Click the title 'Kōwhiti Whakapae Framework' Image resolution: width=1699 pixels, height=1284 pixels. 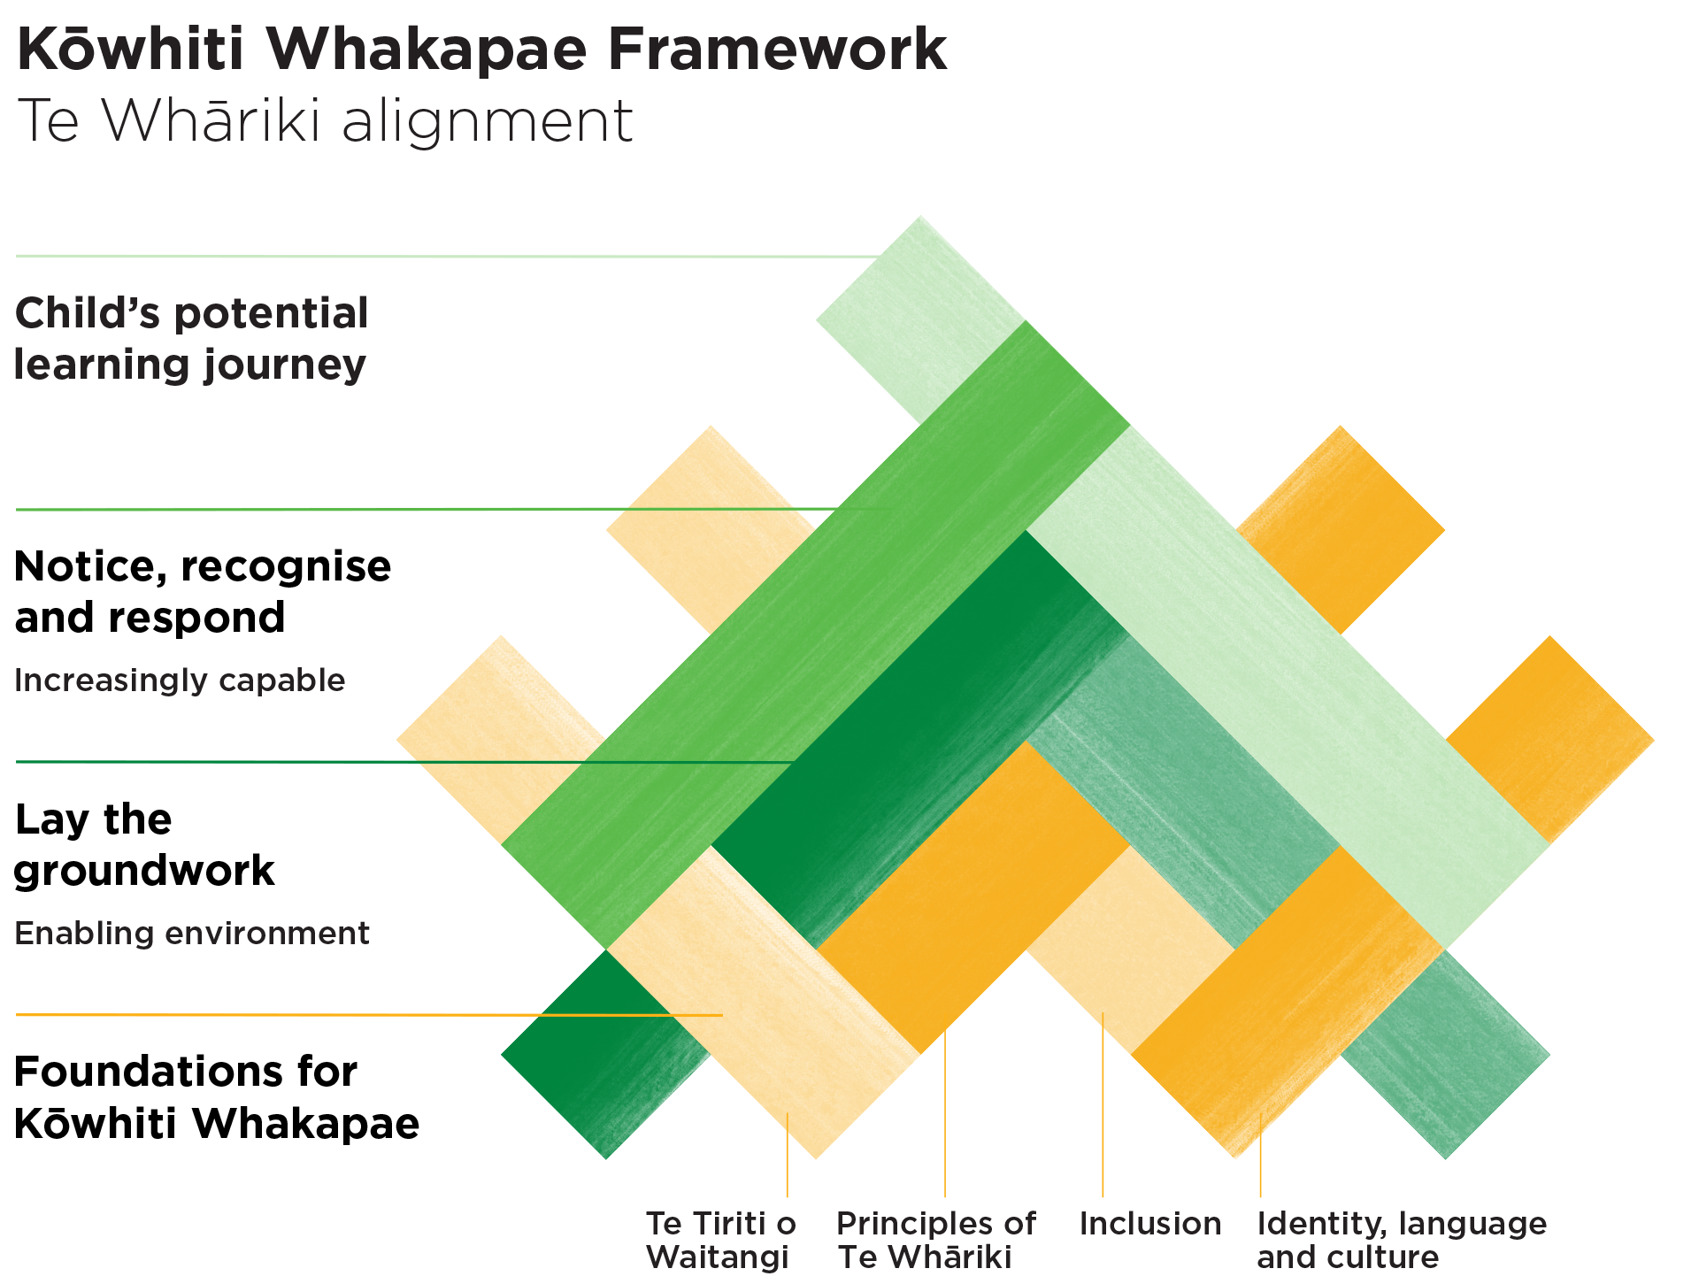481,50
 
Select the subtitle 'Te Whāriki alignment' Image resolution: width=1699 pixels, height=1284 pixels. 325,120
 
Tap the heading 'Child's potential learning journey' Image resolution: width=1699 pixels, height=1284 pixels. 191,339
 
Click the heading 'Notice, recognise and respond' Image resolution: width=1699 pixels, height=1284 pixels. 203,591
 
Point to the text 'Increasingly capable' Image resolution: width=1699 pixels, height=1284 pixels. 180,680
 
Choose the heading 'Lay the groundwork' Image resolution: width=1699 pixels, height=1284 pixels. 144,844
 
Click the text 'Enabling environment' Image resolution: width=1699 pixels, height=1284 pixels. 192,934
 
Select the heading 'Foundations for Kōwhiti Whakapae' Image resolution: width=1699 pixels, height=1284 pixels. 217,1097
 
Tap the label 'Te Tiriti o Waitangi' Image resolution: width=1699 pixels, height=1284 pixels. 720,1240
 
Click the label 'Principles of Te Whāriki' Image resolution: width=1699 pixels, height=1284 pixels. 935,1240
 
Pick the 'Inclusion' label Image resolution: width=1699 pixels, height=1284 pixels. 1150,1224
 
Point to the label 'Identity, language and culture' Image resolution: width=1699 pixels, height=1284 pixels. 1402,1240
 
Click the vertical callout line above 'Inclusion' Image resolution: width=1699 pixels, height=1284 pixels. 1103,1106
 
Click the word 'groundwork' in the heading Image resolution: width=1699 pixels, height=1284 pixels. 144,871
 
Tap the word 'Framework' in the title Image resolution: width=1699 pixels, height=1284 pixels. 777,50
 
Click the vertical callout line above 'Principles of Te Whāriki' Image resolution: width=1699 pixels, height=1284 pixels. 945,1115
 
